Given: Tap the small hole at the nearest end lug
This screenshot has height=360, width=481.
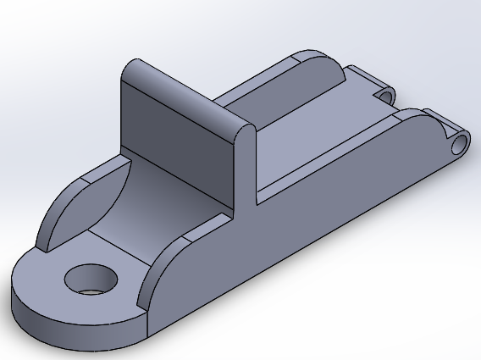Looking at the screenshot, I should tap(460, 141).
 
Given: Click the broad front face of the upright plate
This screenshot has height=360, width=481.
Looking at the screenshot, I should tap(174, 144).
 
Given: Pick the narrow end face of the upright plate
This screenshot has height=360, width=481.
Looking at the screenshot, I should tap(245, 169).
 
